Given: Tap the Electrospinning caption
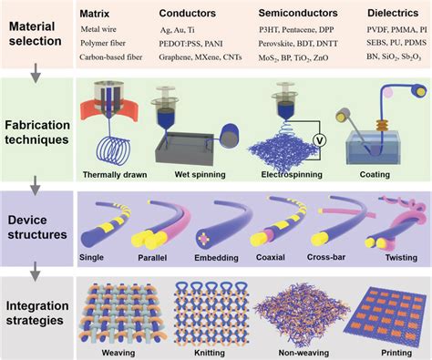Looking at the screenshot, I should [x=295, y=173].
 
